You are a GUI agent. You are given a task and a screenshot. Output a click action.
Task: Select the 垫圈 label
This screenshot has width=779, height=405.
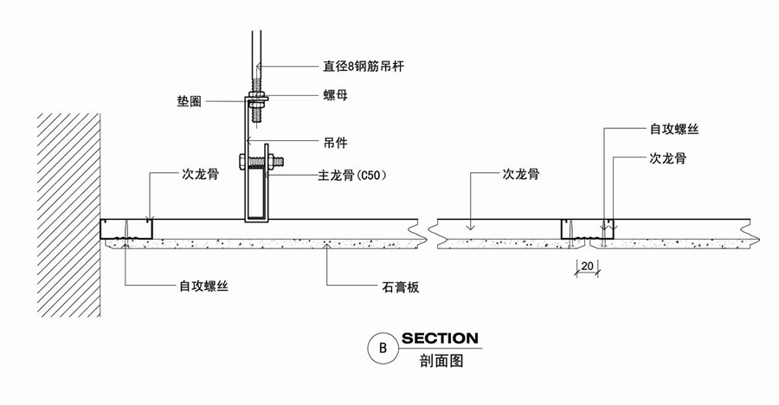click(190, 100)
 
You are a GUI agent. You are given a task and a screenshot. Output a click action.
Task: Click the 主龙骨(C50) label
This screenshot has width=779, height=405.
click(351, 175)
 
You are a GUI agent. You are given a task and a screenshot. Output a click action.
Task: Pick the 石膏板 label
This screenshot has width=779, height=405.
click(400, 286)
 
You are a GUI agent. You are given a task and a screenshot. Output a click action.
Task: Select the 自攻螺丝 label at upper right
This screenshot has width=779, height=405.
click(674, 129)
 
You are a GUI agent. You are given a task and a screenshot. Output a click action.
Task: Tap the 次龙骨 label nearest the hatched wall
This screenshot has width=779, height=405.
click(200, 173)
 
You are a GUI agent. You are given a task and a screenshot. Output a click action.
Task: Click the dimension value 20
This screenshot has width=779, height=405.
click(587, 265)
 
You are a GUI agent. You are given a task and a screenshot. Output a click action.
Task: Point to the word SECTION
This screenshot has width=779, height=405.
click(439, 337)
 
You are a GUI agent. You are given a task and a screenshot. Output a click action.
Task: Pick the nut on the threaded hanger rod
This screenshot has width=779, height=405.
click(257, 94)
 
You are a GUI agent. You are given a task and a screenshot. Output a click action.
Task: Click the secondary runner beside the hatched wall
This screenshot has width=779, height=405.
click(126, 228)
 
